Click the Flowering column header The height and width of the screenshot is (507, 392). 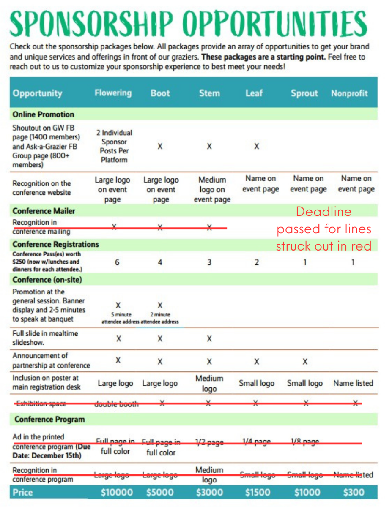113,93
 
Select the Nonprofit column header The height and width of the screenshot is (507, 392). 349,93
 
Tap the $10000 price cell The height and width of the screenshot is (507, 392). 117,492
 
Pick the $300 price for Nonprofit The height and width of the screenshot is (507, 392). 354,492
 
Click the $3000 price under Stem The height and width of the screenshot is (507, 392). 209,492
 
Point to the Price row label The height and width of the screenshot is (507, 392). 23,492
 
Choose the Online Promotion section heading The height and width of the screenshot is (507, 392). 43,114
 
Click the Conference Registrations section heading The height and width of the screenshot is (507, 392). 55,244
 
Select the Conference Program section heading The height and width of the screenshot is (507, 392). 49,419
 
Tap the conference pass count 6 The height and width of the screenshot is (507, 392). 117,262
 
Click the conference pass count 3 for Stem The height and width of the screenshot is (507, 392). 209,262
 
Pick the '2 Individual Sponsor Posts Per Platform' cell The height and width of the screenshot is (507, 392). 114,146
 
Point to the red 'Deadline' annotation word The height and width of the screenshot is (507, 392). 323,211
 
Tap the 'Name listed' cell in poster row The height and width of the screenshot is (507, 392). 353,383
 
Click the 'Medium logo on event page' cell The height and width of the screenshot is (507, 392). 212,190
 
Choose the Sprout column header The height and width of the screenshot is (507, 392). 304,93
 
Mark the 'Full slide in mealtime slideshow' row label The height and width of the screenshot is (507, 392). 45,338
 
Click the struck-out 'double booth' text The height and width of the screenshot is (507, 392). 116,404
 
